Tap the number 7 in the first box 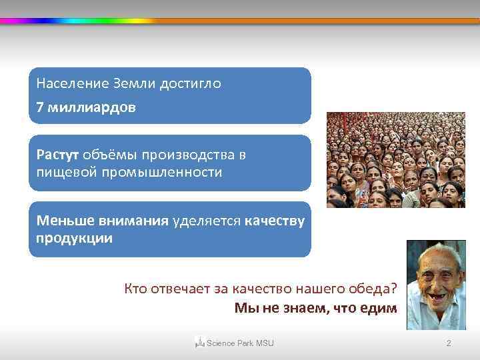pyautogui.click(x=40, y=107)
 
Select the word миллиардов pyautogui.click(x=91, y=107)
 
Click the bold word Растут pyautogui.click(x=57, y=155)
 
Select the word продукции pyautogui.click(x=74, y=238)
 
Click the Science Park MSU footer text pyautogui.click(x=240, y=343)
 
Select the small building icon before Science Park pyautogui.click(x=199, y=343)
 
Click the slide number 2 pyautogui.click(x=448, y=343)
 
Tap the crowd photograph pyautogui.click(x=395, y=160)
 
